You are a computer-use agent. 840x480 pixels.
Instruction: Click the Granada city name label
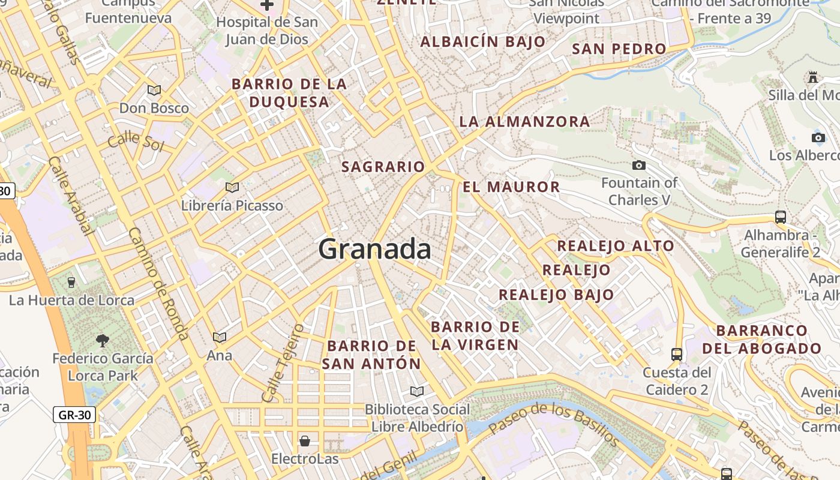click(x=374, y=248)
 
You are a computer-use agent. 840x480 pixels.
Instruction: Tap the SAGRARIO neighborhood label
click(x=383, y=167)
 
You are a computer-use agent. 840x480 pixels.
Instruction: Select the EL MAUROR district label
click(x=511, y=187)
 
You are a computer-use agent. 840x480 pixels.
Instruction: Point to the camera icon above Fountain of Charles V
click(x=639, y=165)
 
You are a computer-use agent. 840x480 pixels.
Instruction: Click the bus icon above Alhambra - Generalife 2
click(x=780, y=217)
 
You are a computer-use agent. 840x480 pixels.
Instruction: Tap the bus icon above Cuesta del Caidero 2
click(x=677, y=354)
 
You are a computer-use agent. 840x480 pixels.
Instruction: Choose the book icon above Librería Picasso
click(x=232, y=187)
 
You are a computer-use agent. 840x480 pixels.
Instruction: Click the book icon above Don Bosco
click(x=154, y=90)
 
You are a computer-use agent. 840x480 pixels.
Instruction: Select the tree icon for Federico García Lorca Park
click(x=103, y=340)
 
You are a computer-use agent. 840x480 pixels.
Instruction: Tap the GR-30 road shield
click(x=74, y=414)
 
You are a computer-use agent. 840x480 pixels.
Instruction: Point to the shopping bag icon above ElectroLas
click(x=305, y=441)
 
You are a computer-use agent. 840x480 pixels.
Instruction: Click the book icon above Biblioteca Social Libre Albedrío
click(x=417, y=391)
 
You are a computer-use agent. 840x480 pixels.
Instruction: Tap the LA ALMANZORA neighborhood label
click(x=524, y=122)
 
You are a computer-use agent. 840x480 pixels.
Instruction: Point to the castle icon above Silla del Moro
click(x=813, y=77)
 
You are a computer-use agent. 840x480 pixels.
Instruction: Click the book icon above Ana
click(x=220, y=337)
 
